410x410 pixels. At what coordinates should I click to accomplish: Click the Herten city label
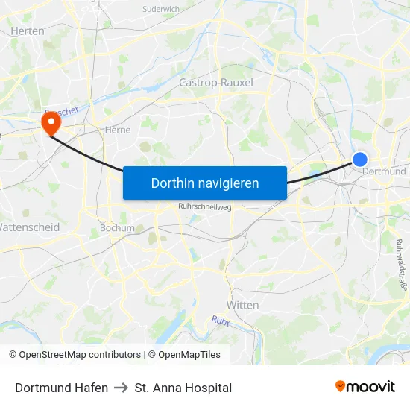pos(28,31)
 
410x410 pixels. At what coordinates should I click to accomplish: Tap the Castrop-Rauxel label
pos(216,83)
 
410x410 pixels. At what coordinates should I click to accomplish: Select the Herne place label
pos(118,130)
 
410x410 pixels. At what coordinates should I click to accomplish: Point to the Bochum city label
pos(117,228)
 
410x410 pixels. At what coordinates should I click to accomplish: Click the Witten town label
pos(242,305)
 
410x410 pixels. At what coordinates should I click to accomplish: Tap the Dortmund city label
pos(384,171)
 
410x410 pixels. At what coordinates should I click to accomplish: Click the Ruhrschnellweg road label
pos(205,207)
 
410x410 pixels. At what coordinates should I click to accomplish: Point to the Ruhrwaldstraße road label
pos(400,265)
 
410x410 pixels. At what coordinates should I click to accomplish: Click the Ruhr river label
pos(220,321)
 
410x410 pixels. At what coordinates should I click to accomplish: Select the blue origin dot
pos(360,159)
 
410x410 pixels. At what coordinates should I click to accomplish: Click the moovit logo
pos(365,387)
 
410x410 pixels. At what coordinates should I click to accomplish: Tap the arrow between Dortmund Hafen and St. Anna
pos(122,388)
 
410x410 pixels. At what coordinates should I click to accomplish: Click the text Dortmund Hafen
pos(61,388)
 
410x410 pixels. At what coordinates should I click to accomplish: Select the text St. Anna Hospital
pos(183,388)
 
